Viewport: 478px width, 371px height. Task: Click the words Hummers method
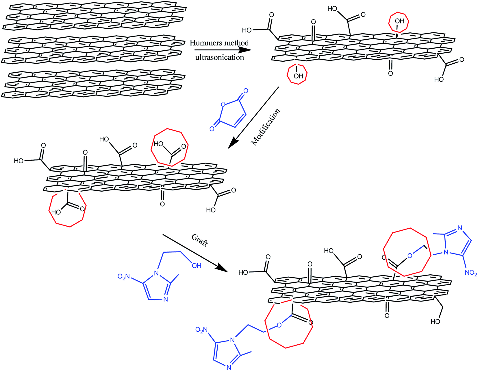[219, 43]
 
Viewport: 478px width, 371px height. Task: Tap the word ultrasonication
[219, 57]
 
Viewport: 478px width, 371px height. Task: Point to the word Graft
[200, 240]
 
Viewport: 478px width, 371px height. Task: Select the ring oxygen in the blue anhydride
[223, 104]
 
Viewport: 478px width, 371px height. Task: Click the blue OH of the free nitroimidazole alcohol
[197, 265]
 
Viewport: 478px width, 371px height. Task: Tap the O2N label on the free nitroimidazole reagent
[124, 277]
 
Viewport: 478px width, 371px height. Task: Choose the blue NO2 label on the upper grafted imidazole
[471, 273]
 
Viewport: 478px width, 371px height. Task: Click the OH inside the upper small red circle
[399, 21]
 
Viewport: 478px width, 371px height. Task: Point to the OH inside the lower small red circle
[298, 76]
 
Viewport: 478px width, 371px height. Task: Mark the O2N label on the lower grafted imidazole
[201, 330]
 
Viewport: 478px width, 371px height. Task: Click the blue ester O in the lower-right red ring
[279, 325]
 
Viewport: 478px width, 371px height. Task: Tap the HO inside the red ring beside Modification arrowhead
[158, 144]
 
